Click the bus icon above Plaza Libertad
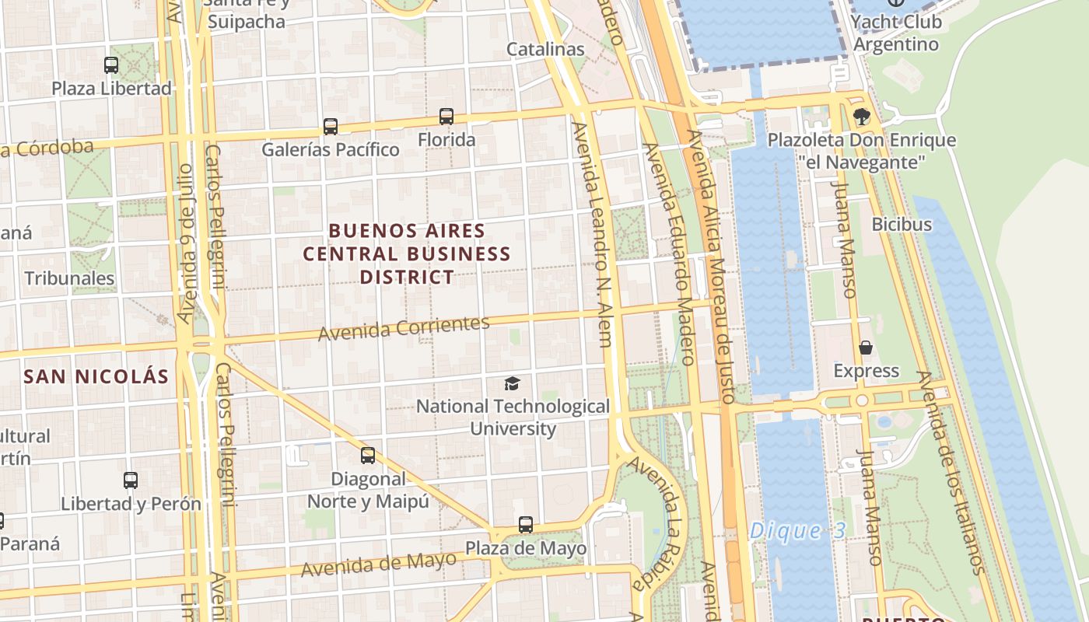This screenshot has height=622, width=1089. pyautogui.click(x=111, y=65)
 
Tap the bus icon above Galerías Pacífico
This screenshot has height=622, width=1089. pyautogui.click(x=331, y=127)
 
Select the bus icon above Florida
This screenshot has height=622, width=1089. pyautogui.click(x=446, y=117)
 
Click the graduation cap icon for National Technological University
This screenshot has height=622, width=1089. pyautogui.click(x=512, y=383)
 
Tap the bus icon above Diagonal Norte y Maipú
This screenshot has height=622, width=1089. pyautogui.click(x=368, y=456)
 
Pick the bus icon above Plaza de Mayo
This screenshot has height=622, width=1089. pyautogui.click(x=526, y=525)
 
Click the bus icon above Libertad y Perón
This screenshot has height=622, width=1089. pyautogui.click(x=131, y=480)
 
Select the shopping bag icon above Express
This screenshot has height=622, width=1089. pyautogui.click(x=865, y=348)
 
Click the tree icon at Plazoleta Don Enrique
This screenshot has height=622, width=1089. pyautogui.click(x=861, y=117)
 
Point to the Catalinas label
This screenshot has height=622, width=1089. pyautogui.click(x=545, y=49)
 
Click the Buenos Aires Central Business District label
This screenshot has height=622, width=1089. pyautogui.click(x=407, y=253)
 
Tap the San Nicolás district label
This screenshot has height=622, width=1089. pyautogui.click(x=96, y=377)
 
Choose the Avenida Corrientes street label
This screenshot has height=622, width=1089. pyautogui.click(x=404, y=328)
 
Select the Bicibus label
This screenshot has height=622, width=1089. pyautogui.click(x=902, y=225)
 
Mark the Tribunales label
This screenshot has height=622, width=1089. pyautogui.click(x=69, y=278)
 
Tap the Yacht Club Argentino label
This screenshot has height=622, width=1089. pyautogui.click(x=896, y=33)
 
